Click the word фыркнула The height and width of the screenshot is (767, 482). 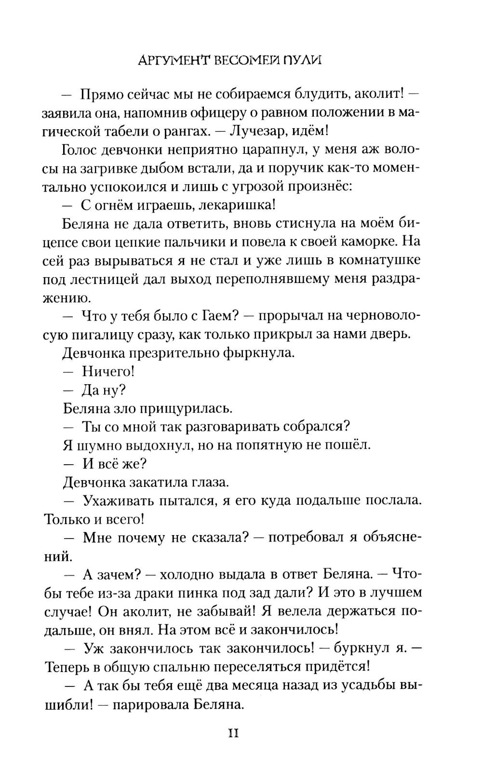(258, 353)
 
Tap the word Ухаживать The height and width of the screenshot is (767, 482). (121, 501)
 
